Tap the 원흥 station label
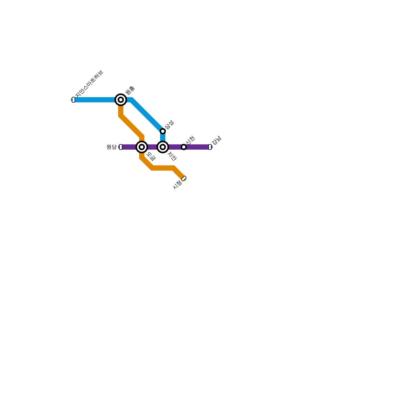[130, 90]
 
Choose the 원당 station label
[112, 147]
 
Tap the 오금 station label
[151, 156]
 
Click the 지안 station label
[172, 156]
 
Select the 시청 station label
[177, 185]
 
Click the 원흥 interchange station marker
[121, 100]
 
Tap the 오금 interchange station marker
[142, 147]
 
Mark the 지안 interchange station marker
[163, 147]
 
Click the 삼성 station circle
[163, 131]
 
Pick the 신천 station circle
[184, 147]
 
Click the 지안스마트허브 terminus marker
[73, 100]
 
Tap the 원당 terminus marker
[121, 147]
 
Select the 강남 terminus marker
[210, 147]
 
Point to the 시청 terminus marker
[184, 178]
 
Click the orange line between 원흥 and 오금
[131, 126]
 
